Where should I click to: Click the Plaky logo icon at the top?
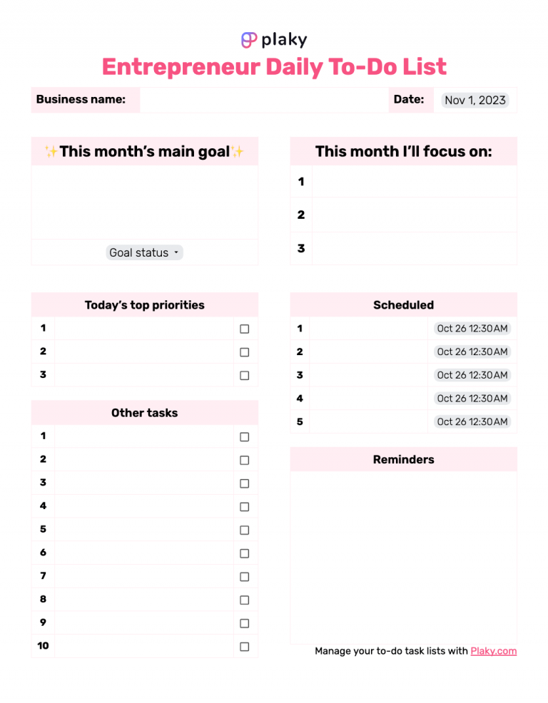(x=249, y=40)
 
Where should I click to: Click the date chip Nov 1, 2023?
(x=475, y=100)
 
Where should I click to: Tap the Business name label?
(x=81, y=100)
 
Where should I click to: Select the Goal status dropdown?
(x=145, y=252)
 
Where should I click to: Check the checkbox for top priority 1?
(x=244, y=329)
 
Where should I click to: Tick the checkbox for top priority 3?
(x=244, y=376)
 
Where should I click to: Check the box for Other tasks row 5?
(x=244, y=530)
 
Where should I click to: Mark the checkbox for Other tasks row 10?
(x=244, y=647)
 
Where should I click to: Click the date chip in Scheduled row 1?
(x=472, y=329)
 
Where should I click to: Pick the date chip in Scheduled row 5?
(x=472, y=421)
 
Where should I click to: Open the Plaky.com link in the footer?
(x=493, y=651)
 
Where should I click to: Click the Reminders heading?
(x=403, y=460)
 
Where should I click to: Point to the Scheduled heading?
(x=403, y=305)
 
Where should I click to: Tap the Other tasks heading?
(x=144, y=413)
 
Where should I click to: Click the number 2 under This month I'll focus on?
(x=301, y=215)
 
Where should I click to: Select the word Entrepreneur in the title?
(x=181, y=67)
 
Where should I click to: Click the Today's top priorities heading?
(x=144, y=305)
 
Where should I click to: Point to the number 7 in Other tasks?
(x=43, y=575)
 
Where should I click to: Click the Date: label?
(x=409, y=100)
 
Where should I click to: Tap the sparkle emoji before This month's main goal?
(x=51, y=152)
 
